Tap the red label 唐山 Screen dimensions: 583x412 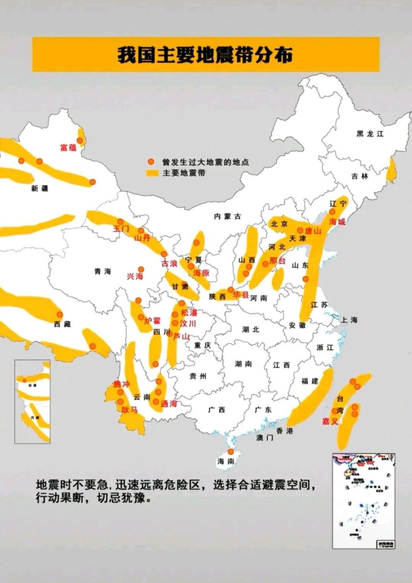click(313, 231)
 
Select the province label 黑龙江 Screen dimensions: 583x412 click(370, 134)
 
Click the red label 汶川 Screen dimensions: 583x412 click(188, 323)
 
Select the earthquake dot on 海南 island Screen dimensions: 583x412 click(231, 452)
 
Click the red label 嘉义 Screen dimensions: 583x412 click(330, 421)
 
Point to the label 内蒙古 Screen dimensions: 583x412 click(227, 217)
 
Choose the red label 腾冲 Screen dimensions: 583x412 click(121, 384)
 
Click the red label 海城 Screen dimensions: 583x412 click(337, 222)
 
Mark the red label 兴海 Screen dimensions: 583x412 click(135, 276)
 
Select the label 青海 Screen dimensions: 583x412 click(103, 271)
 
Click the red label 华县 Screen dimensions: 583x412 click(241, 295)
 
